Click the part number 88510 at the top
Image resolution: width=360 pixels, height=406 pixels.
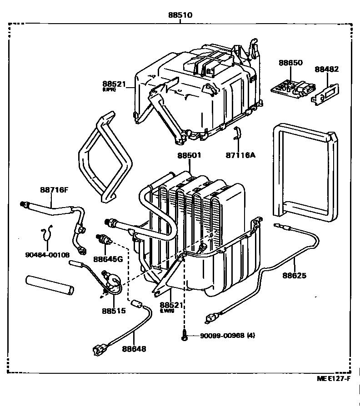(180, 15)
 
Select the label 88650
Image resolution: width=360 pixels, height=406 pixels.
(290, 63)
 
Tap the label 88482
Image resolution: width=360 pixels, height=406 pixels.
(327, 69)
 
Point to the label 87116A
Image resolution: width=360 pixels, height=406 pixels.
(240, 155)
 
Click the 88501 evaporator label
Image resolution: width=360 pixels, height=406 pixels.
(189, 155)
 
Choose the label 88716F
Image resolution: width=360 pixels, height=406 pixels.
(54, 190)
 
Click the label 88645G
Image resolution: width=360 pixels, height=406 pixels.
(108, 259)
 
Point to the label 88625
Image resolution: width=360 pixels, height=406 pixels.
(294, 275)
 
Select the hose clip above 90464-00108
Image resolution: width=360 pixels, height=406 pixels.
(46, 235)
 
